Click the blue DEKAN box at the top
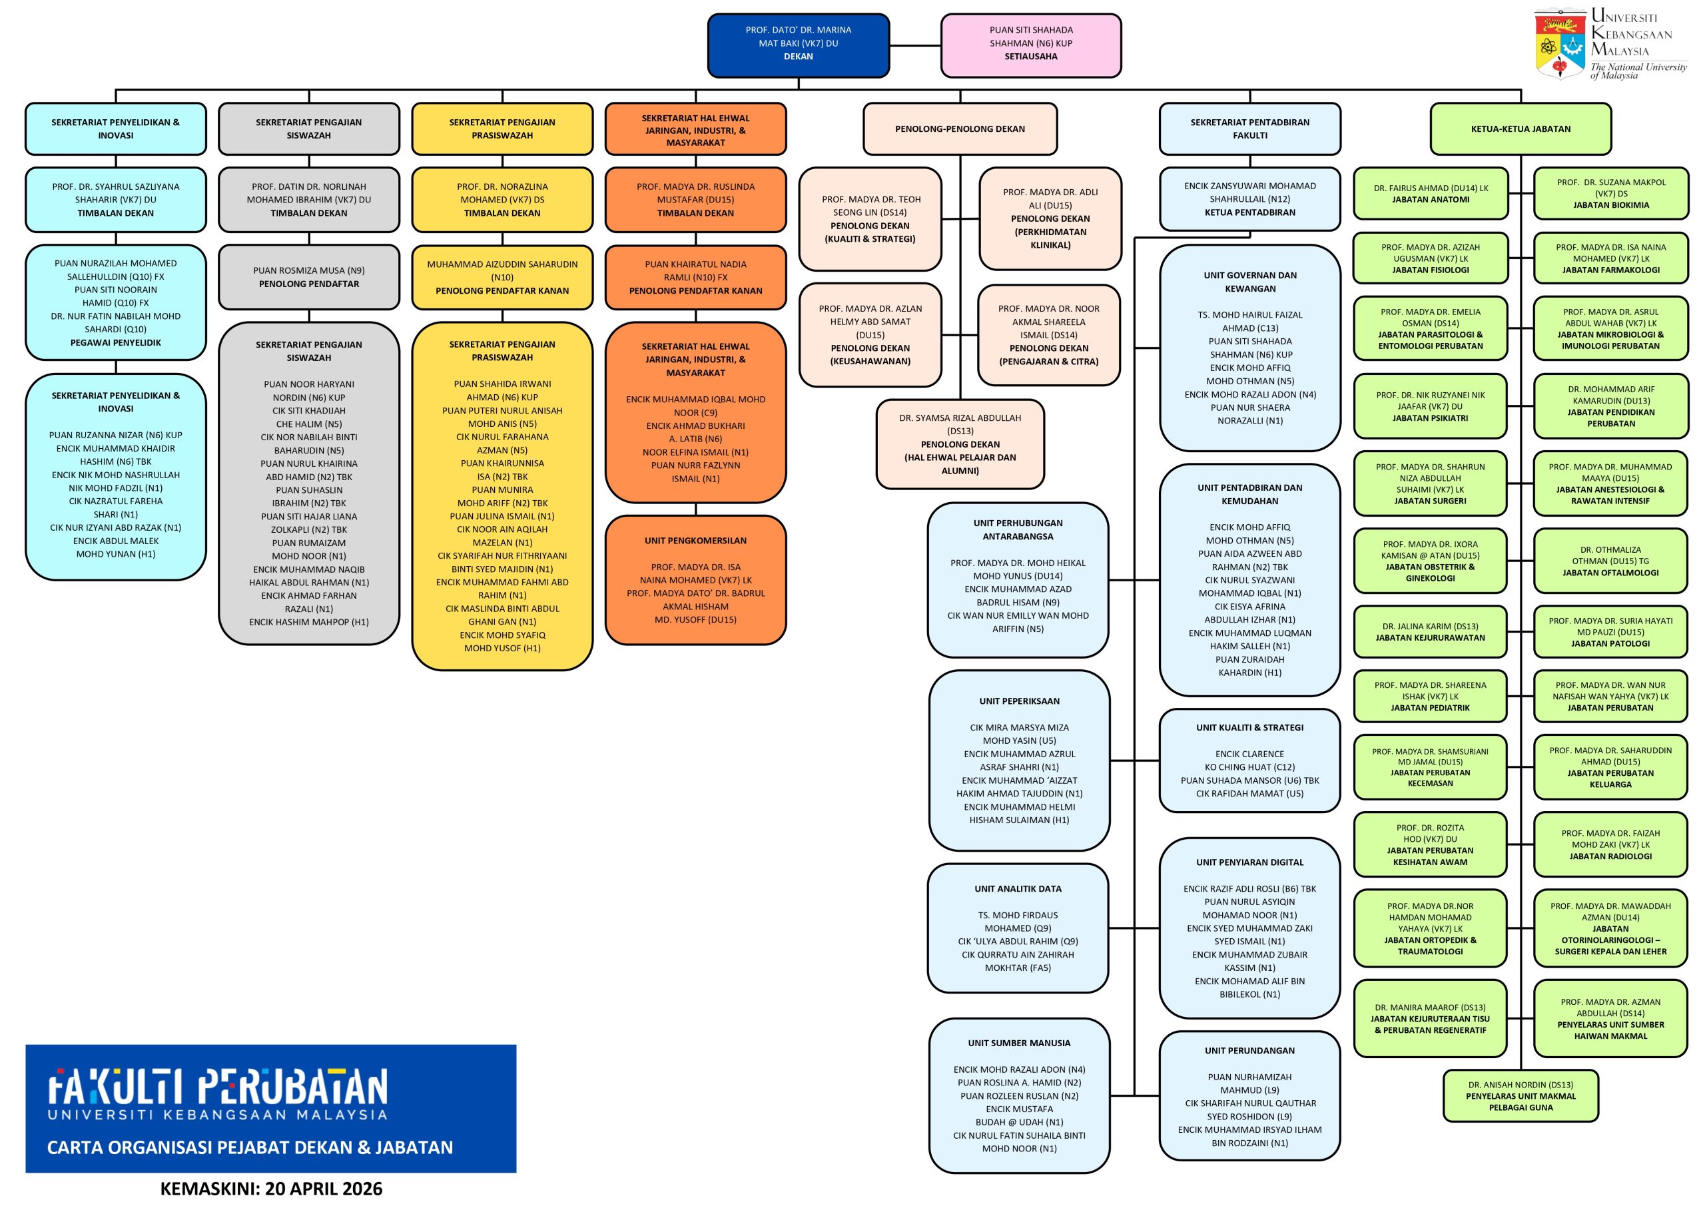[799, 45]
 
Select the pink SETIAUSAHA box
[1031, 45]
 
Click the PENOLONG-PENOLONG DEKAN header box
[960, 129]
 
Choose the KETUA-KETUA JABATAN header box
[1520, 129]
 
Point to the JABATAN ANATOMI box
[1430, 194]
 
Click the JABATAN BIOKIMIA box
[1610, 194]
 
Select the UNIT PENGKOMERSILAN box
[695, 580]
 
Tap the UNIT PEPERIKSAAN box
[1019, 760]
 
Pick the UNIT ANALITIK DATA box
[1018, 928]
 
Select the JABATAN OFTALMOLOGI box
[1610, 561]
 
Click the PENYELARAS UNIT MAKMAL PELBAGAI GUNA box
[1520, 1095]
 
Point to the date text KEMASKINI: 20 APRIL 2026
[271, 1188]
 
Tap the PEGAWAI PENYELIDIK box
[116, 302]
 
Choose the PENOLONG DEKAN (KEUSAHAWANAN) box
[870, 335]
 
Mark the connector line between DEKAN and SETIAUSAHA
[915, 45]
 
